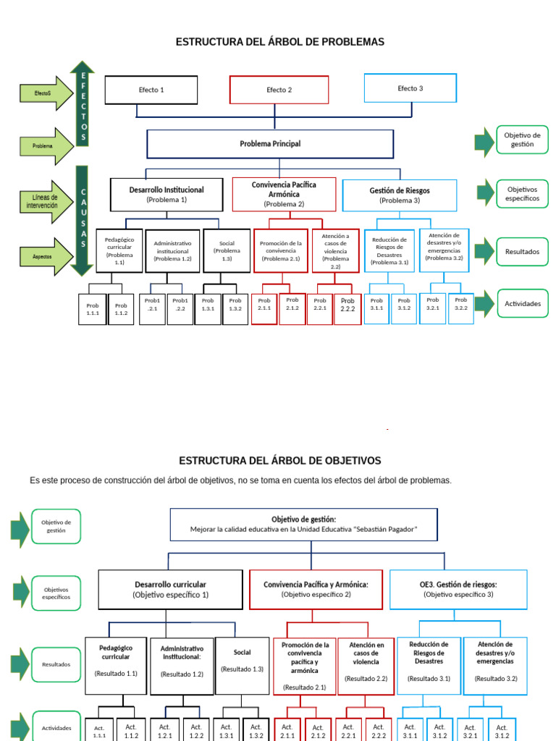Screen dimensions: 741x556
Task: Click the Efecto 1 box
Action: (x=151, y=90)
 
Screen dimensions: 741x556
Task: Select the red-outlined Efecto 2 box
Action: (x=279, y=90)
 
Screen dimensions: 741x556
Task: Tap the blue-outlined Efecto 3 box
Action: (x=410, y=88)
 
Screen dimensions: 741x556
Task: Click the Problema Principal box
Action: (x=270, y=144)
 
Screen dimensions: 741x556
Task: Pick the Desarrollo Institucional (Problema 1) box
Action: (x=167, y=194)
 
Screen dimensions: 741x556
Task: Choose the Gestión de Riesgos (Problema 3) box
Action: (x=399, y=195)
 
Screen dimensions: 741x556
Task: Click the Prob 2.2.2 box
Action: (x=347, y=309)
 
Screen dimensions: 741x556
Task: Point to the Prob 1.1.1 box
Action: (x=93, y=309)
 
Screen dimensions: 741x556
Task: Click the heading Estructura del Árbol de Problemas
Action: (x=279, y=42)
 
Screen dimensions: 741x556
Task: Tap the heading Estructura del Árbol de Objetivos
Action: (x=279, y=460)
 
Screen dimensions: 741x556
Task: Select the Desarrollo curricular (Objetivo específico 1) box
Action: (x=170, y=589)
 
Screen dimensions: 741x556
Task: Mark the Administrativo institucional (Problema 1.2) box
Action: (x=172, y=250)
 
